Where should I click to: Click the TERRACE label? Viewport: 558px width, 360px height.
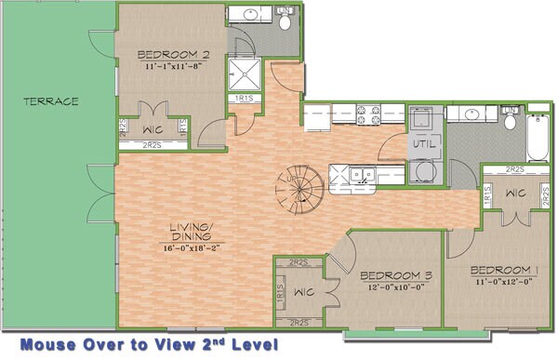[51, 100]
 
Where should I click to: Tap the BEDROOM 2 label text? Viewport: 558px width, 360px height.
[172, 54]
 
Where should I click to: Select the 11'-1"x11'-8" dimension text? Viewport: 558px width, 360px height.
[172, 66]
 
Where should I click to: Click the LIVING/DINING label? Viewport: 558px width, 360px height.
[193, 233]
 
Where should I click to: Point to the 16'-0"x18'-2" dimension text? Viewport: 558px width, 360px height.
[193, 248]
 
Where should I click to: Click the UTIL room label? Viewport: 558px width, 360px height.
[424, 147]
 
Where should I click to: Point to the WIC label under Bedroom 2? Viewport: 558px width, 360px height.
[152, 128]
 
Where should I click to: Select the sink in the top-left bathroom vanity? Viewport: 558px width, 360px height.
[249, 16]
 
